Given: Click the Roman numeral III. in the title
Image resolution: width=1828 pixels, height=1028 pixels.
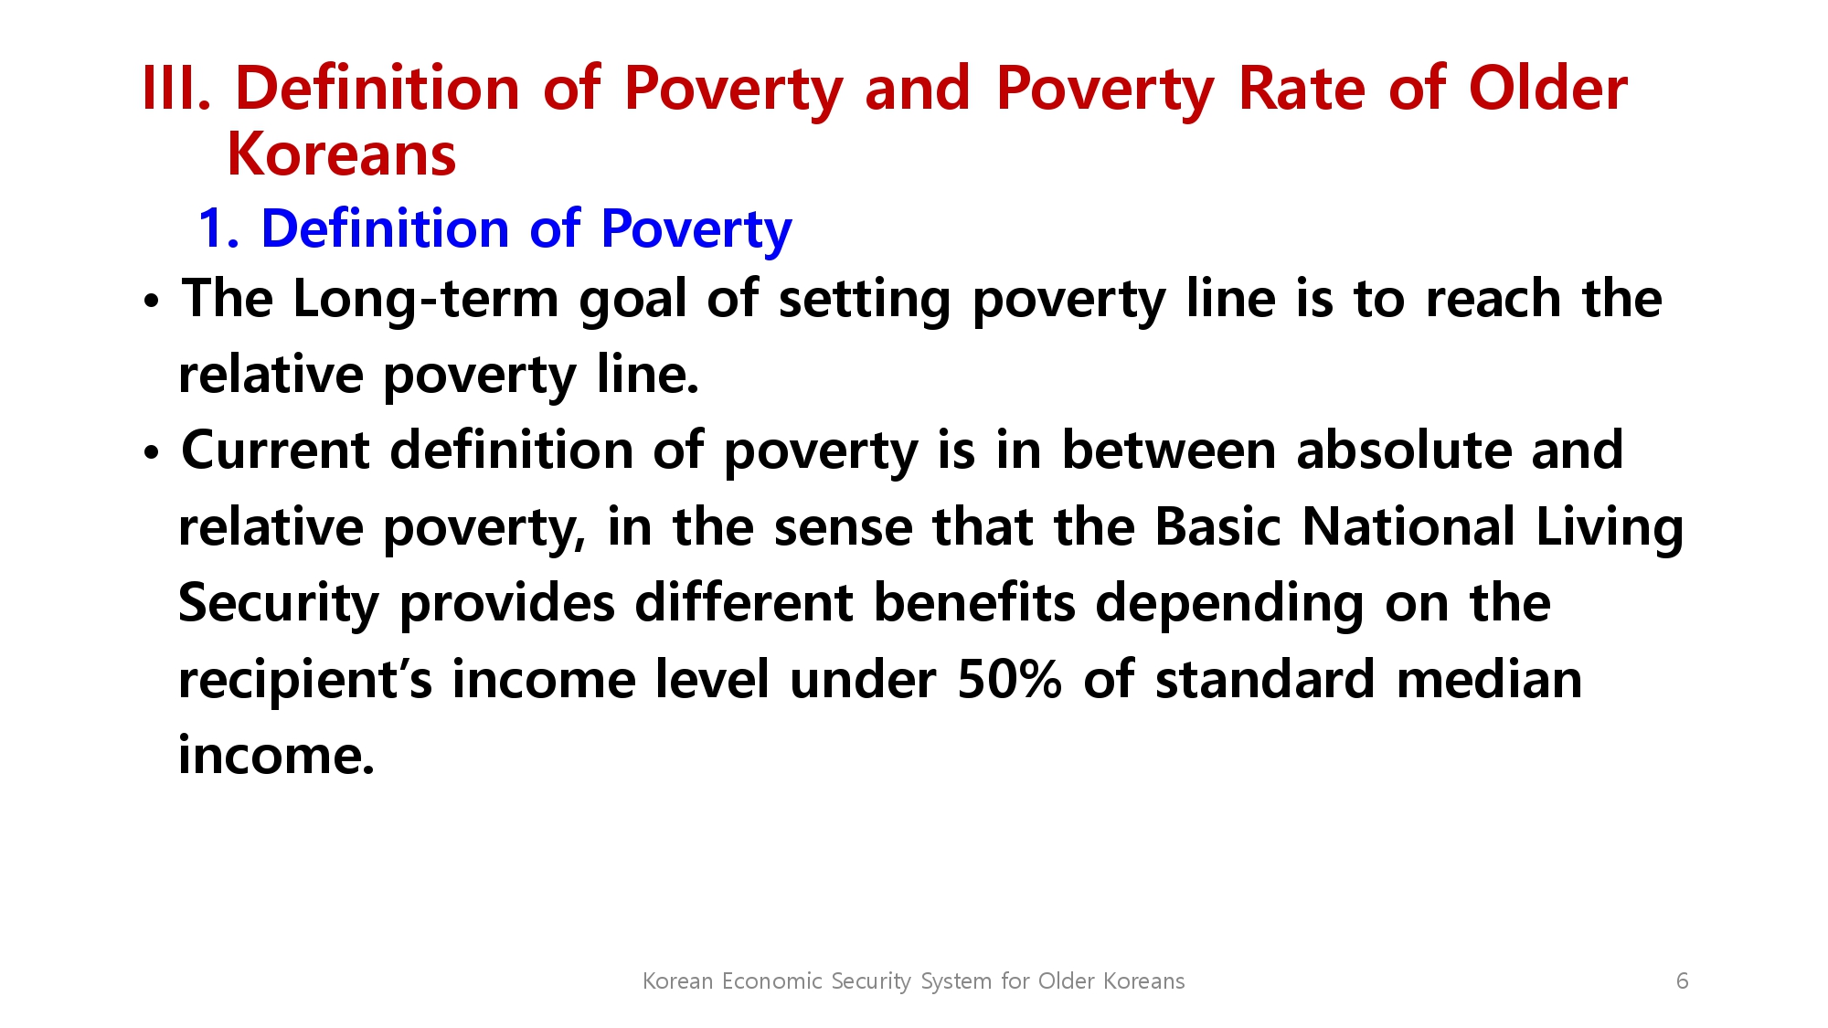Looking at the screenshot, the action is (177, 89).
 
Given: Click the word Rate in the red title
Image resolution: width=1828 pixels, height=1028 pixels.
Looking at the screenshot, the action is (1302, 89).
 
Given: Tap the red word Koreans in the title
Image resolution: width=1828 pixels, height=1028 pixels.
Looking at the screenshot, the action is (341, 154).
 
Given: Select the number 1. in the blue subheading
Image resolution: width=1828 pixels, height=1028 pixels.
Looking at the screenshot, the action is (218, 228).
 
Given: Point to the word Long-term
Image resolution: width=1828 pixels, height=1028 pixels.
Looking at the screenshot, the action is (425, 300).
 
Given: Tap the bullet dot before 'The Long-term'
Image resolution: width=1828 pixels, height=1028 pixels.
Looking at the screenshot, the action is (152, 301).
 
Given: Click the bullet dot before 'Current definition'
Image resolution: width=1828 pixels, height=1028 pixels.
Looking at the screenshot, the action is (152, 452).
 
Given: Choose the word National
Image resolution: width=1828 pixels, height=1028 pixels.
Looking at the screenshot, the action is (1408, 527).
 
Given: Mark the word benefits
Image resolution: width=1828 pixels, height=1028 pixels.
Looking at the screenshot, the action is (974, 603).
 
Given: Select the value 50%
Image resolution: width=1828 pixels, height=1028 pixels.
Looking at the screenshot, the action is (1009, 680).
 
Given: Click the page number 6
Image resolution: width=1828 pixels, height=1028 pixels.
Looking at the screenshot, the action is (1682, 980).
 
